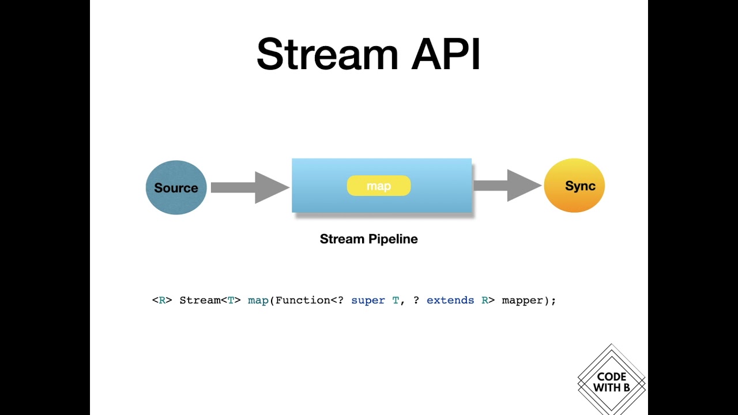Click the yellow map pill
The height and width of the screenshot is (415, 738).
[379, 186]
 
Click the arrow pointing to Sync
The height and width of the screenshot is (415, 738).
[507, 185]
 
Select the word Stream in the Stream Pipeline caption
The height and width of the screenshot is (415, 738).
[341, 239]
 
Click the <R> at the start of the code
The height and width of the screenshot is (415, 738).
[162, 300]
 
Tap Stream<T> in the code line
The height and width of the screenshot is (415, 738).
[210, 300]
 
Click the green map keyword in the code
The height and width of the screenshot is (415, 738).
[258, 300]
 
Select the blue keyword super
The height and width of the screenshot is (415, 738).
[368, 300]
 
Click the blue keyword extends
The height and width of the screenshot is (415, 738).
[450, 300]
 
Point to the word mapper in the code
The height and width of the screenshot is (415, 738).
[522, 300]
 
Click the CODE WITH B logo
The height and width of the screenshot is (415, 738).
[611, 381]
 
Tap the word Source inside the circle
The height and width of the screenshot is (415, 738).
[176, 188]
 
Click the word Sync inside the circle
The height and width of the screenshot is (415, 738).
[580, 186]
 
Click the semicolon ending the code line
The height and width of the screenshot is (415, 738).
[553, 301]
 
